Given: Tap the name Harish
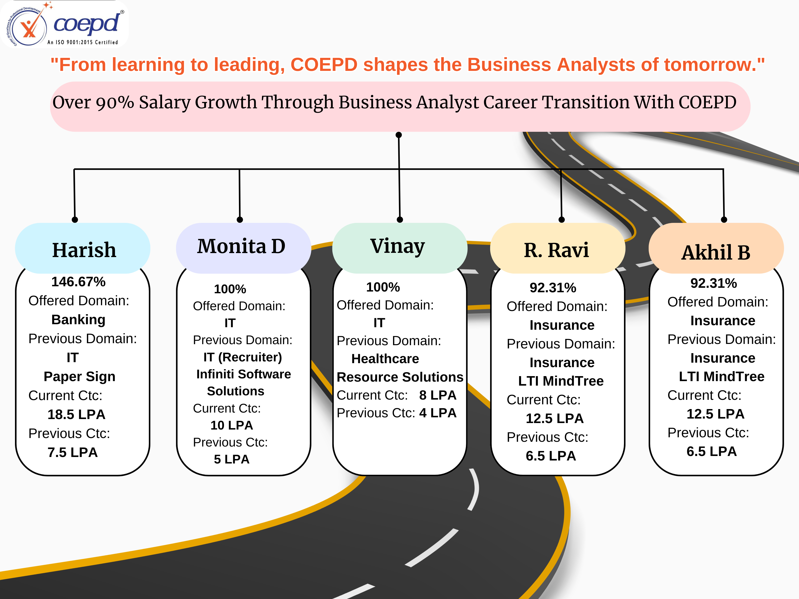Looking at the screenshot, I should click(x=84, y=250).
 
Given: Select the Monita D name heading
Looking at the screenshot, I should click(x=241, y=246).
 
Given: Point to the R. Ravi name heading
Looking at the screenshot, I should click(x=556, y=250).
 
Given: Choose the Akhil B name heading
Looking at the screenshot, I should click(x=716, y=252).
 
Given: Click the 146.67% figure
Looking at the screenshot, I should click(x=78, y=282).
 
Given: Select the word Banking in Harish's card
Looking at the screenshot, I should click(x=78, y=319).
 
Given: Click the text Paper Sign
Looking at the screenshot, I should click(x=79, y=376).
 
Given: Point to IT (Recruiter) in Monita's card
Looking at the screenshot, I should click(x=242, y=357).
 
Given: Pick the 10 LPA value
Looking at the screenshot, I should click(x=231, y=425).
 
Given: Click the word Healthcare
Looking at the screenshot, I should click(x=385, y=359).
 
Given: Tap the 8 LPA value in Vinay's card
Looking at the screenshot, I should click(x=437, y=395).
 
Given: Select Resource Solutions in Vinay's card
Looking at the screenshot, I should click(x=400, y=377).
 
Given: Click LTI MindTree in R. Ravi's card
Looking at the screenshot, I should click(x=561, y=381).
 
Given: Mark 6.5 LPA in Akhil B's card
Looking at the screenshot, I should click(x=711, y=451).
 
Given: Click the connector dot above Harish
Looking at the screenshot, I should click(x=75, y=220).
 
